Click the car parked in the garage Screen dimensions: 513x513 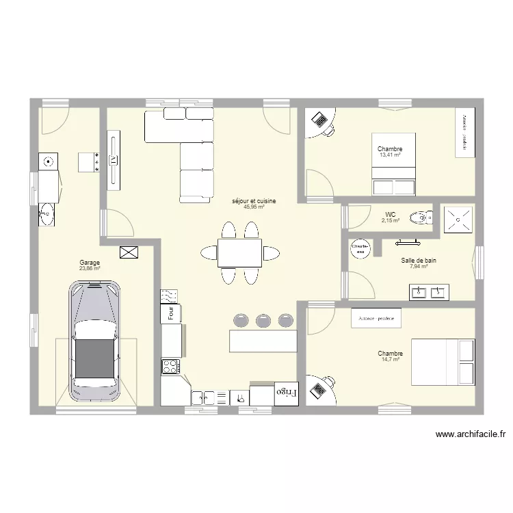(94, 341)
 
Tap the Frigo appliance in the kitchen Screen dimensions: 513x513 (280, 393)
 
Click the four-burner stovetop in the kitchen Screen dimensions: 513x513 (170, 366)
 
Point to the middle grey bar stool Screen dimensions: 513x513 (263, 320)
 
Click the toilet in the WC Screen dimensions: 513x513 (419, 218)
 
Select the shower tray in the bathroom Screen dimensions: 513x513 (458, 218)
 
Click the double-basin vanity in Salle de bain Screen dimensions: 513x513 (429, 293)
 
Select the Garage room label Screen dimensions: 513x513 (90, 263)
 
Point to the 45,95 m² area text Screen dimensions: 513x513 (253, 207)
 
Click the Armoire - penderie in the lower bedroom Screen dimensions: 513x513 (376, 319)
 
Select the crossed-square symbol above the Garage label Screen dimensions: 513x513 (128, 252)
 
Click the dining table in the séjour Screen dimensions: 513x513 (239, 253)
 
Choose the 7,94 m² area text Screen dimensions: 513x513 (418, 266)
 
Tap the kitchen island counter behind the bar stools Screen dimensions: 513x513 (263, 340)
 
